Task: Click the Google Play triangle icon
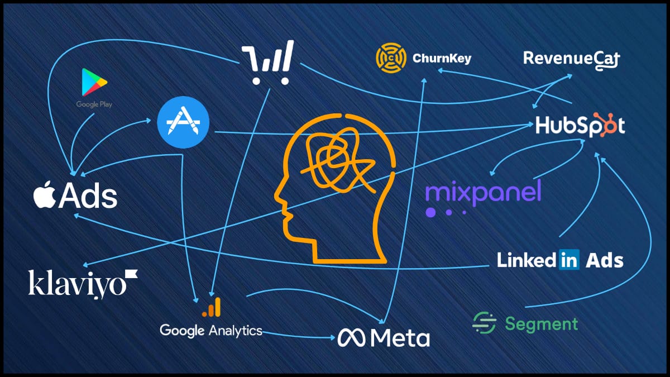(x=93, y=82)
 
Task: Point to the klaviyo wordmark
(x=82, y=283)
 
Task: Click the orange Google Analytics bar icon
(x=212, y=307)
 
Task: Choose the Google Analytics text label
(x=211, y=330)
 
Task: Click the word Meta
(x=400, y=337)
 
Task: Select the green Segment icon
(x=484, y=323)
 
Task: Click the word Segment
(x=541, y=323)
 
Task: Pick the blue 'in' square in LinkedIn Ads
(x=568, y=260)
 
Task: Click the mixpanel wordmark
(x=483, y=191)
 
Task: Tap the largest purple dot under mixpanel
(x=430, y=212)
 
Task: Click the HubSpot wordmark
(x=580, y=125)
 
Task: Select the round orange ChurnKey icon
(x=390, y=58)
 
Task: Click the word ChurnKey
(x=441, y=58)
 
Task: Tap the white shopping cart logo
(x=267, y=64)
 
